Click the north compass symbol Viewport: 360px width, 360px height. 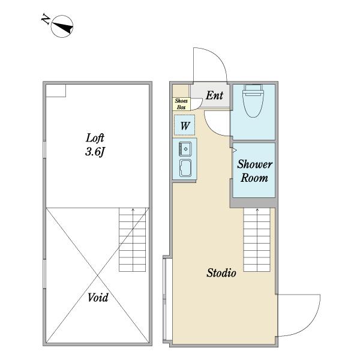[x=62, y=26]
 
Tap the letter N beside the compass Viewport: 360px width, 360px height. [x=46, y=19]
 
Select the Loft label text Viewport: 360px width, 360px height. [x=95, y=138]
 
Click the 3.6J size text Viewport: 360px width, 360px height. [x=95, y=152]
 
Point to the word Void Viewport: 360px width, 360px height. [x=98, y=298]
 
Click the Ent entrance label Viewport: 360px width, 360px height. [x=214, y=95]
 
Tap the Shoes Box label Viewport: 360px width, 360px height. [x=181, y=104]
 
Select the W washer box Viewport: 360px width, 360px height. [x=185, y=125]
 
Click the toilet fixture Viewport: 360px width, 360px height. [x=253, y=101]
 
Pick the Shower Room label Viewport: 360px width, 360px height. [x=254, y=171]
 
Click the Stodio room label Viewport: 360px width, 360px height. [x=221, y=273]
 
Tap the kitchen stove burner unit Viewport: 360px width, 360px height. [x=185, y=149]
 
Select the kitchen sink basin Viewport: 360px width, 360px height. [x=185, y=168]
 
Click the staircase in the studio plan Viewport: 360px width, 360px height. [x=257, y=239]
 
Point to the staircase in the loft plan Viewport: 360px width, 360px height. [x=133, y=239]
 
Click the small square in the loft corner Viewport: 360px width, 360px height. [x=56, y=91]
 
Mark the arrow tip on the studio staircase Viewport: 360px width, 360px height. [x=257, y=208]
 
